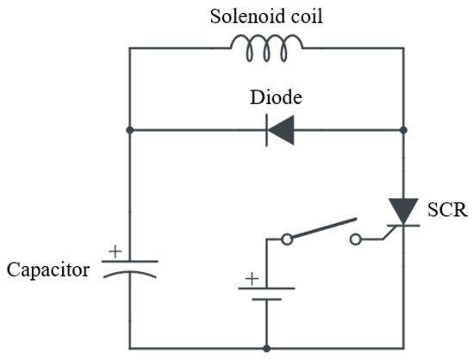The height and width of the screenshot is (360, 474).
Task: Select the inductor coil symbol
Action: pos(266,49)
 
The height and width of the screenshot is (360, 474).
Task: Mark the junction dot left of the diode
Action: pos(129,132)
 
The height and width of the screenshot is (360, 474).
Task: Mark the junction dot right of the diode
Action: pos(403,132)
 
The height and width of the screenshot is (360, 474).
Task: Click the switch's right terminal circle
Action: pos(354,239)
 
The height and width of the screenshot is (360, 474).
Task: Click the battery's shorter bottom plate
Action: pos(267,300)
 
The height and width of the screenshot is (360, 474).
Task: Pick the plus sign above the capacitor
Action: pos(112,251)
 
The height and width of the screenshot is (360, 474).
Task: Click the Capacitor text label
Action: pos(47,270)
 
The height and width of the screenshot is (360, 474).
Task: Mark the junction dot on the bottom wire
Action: pos(267,348)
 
